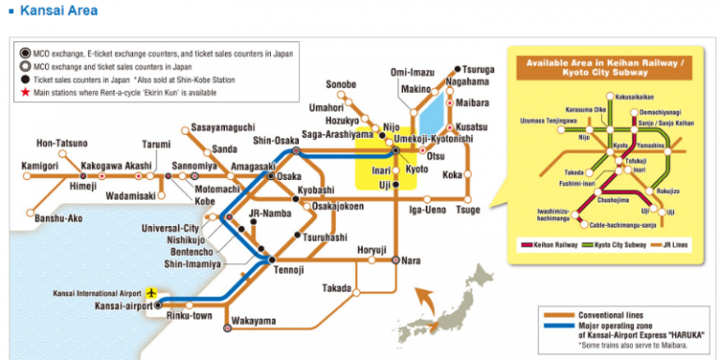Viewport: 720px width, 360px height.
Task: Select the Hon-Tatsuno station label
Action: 62,143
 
